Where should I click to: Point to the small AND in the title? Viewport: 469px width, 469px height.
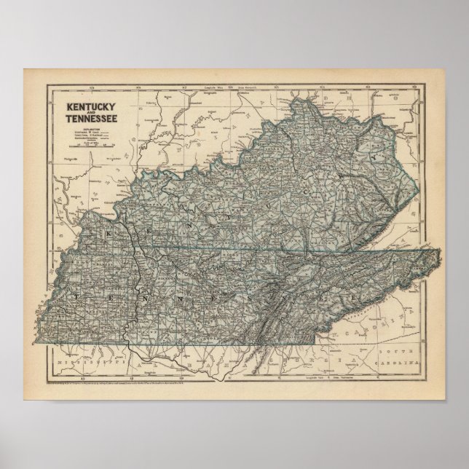pyautogui.click(x=91, y=114)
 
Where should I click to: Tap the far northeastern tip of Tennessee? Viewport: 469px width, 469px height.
pyautogui.click(x=439, y=252)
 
